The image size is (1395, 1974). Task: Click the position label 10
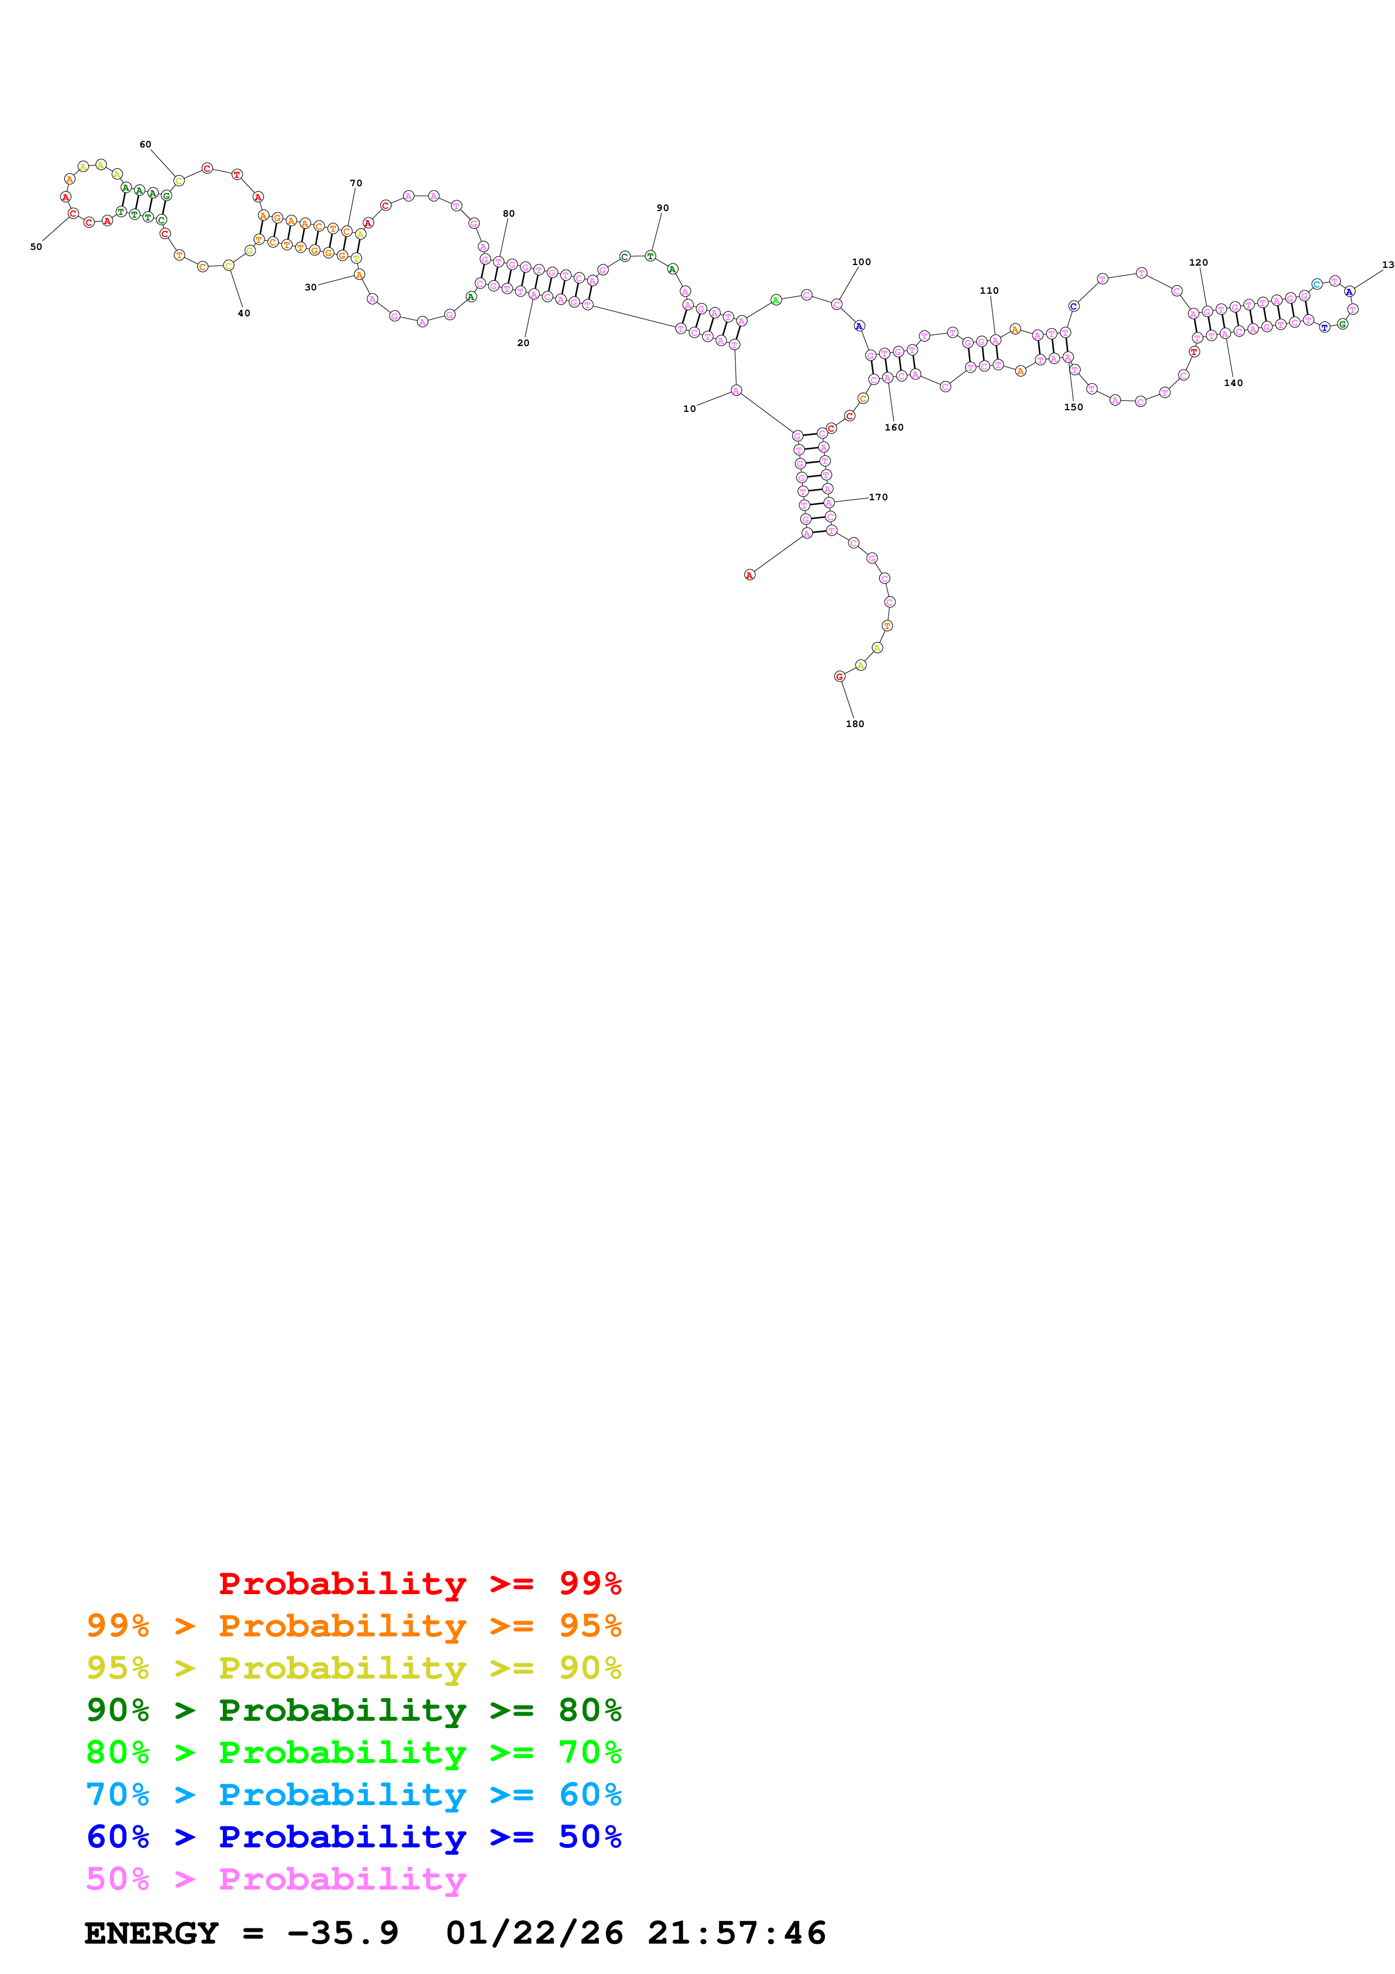(689, 409)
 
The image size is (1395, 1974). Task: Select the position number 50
(36, 246)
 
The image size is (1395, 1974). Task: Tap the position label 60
(145, 145)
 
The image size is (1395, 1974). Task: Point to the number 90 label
(663, 208)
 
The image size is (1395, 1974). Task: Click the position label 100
(861, 262)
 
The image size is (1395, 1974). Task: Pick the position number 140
(1233, 383)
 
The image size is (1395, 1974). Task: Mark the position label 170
(878, 497)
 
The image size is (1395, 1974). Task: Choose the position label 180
(855, 724)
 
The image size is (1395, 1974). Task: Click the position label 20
(523, 343)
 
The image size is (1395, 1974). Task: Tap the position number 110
(989, 290)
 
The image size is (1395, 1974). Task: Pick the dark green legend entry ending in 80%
(354, 1710)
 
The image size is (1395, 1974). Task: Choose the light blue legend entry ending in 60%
(354, 1794)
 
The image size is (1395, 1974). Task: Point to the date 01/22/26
(535, 1933)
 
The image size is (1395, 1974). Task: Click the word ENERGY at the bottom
(151, 1933)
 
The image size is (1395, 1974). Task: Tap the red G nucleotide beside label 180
(840, 676)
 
